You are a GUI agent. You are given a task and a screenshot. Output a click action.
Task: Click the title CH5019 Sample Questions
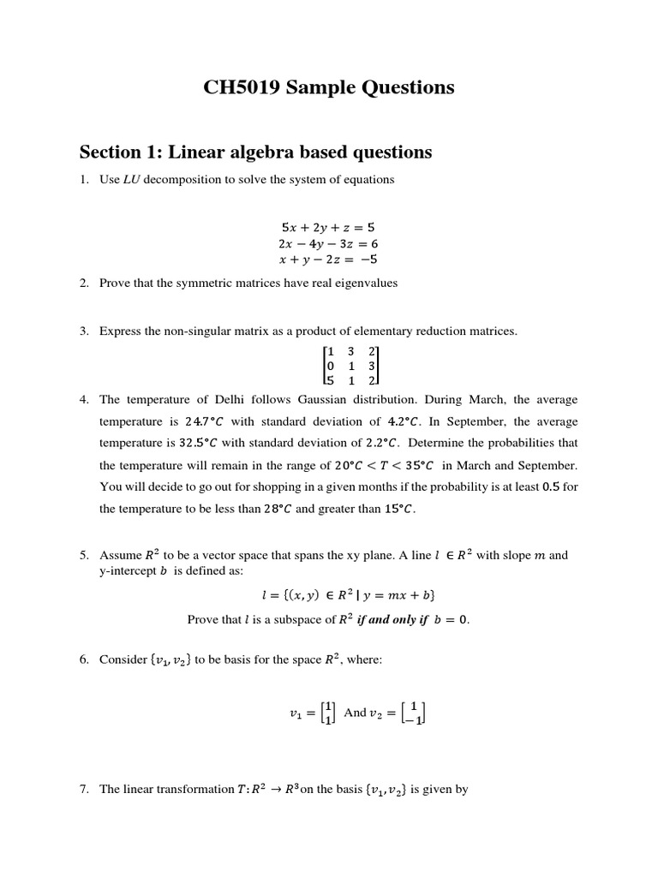pos(329,87)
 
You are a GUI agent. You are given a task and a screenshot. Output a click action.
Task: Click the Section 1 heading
pos(255,152)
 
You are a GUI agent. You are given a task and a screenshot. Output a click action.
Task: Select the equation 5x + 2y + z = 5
pos(328,228)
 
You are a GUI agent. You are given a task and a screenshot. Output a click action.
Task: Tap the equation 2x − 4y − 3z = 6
pos(328,243)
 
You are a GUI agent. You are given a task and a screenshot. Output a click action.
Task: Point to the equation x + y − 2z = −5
pos(328,259)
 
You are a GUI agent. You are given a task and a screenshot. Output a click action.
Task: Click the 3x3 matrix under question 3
pos(350,366)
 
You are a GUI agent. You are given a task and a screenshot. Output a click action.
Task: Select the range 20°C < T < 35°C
pos(384,465)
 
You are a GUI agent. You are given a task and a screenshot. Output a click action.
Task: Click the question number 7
pos(85,790)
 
